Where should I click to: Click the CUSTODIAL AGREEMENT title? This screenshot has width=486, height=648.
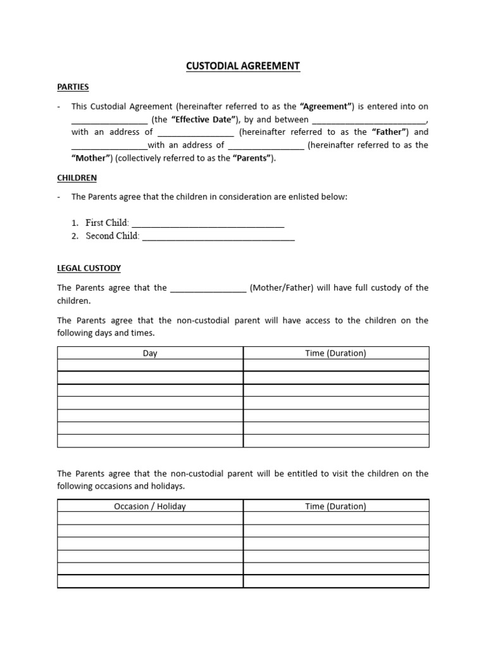pyautogui.click(x=243, y=66)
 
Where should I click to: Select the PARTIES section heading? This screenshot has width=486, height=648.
pyautogui.click(x=73, y=87)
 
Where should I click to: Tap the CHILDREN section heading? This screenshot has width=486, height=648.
pyautogui.click(x=77, y=178)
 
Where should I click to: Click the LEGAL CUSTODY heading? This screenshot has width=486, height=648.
pyautogui.click(x=89, y=268)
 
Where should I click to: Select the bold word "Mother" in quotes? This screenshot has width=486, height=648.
pyautogui.click(x=92, y=158)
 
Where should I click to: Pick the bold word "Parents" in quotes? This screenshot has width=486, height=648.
pyautogui.click(x=254, y=158)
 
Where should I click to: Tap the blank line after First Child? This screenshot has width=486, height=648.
pyautogui.click(x=208, y=223)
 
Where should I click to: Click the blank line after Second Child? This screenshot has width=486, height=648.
pyautogui.click(x=218, y=237)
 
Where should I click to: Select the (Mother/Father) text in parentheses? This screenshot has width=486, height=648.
pyautogui.click(x=281, y=288)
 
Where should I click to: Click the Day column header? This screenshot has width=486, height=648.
pyautogui.click(x=150, y=353)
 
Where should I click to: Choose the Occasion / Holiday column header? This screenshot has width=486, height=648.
pyautogui.click(x=150, y=506)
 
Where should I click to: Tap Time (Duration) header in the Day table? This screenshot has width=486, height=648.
pyautogui.click(x=335, y=353)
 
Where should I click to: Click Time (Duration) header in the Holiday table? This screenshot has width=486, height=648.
pyautogui.click(x=335, y=506)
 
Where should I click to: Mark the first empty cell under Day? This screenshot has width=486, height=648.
pyautogui.click(x=150, y=365)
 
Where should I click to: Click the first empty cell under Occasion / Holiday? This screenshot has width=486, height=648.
pyautogui.click(x=150, y=518)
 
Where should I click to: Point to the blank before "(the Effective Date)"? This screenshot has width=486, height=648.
pyautogui.click(x=109, y=120)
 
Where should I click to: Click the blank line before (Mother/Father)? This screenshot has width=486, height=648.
pyautogui.click(x=208, y=289)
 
